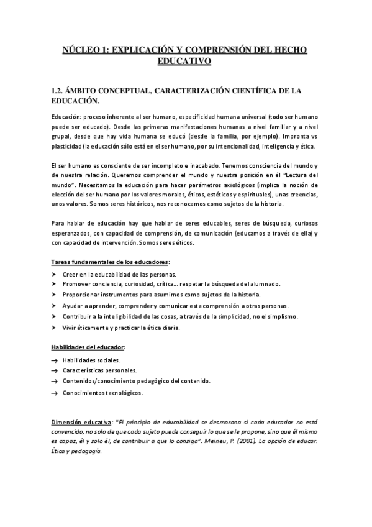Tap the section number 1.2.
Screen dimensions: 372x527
point(60,91)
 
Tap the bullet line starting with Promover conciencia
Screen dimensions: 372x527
point(171,283)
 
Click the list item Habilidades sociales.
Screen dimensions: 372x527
point(91,360)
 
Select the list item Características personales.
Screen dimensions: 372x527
point(99,370)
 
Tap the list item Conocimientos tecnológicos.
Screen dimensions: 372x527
point(102,393)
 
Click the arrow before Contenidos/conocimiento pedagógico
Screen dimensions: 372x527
point(55,382)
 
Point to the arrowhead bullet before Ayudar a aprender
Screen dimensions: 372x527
point(54,305)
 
